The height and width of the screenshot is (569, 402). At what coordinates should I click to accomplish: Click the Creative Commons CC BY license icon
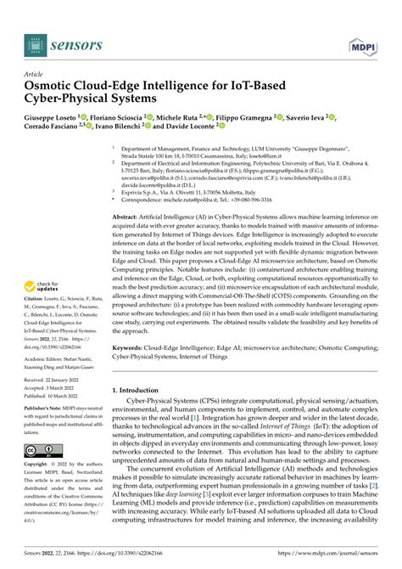[41, 450]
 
